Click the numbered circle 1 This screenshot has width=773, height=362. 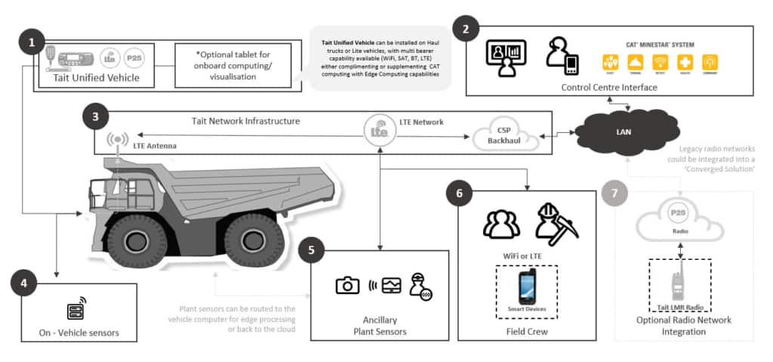pos(32,43)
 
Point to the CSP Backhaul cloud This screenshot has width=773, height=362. pos(505,136)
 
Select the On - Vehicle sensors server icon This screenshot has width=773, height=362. pos(74,310)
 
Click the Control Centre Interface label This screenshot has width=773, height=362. pos(609,88)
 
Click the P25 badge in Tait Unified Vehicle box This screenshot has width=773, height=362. pos(134,56)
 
